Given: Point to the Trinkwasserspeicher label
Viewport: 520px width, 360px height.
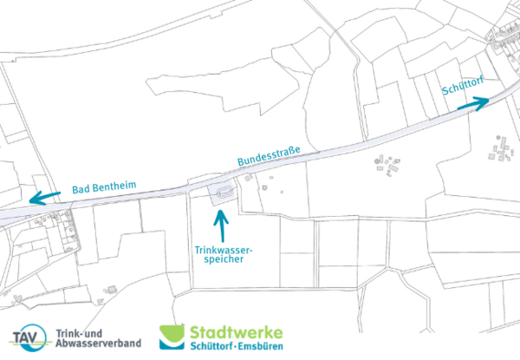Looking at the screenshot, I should pos(223,253).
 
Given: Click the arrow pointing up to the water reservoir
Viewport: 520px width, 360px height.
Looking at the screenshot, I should pos(223,225).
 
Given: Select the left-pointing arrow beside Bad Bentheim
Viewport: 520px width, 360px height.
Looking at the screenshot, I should pos(43,197).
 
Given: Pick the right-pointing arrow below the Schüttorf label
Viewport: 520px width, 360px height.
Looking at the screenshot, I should pos(472,105).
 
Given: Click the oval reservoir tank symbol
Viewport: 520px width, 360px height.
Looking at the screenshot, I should pos(223,193).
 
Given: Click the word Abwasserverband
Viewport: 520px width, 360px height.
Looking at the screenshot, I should pos(98,344).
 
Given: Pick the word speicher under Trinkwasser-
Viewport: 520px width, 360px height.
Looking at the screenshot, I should pos(223,259).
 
